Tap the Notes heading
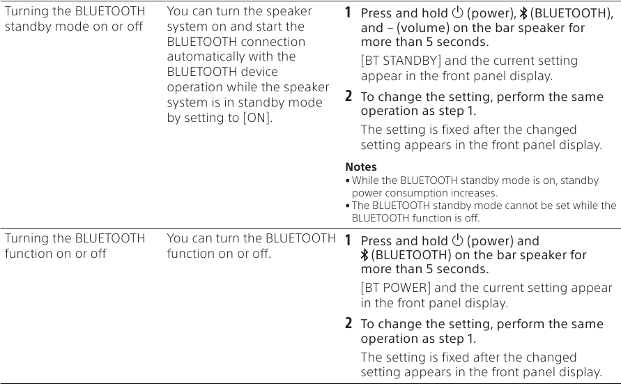click(361, 167)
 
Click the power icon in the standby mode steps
click(457, 13)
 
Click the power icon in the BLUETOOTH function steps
click(457, 241)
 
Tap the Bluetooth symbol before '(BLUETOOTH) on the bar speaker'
click(365, 255)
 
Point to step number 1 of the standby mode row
click(349, 13)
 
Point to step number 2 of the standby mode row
click(349, 96)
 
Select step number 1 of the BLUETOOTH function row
click(349, 241)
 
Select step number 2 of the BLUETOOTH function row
click(349, 324)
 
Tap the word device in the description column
click(259, 72)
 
